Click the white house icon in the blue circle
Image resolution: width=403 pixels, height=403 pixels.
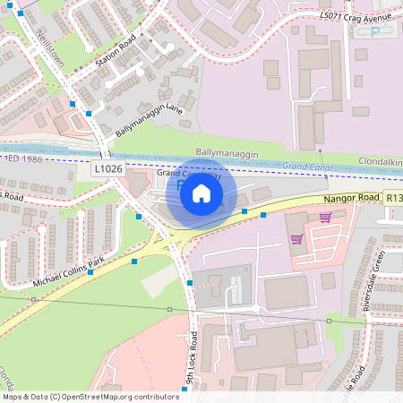(x=201, y=193)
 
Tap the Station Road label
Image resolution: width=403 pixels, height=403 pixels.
(x=115, y=56)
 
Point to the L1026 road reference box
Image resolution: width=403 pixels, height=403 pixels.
(x=107, y=168)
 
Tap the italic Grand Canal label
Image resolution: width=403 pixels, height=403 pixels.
(x=307, y=166)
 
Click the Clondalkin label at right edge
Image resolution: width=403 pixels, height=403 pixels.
(x=380, y=162)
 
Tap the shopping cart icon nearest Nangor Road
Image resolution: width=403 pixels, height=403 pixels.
(x=325, y=217)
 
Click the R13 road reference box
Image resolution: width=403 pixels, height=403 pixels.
(x=394, y=197)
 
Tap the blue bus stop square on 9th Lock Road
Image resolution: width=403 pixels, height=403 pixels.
(x=191, y=283)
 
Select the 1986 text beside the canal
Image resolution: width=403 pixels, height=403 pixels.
(x=32, y=158)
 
